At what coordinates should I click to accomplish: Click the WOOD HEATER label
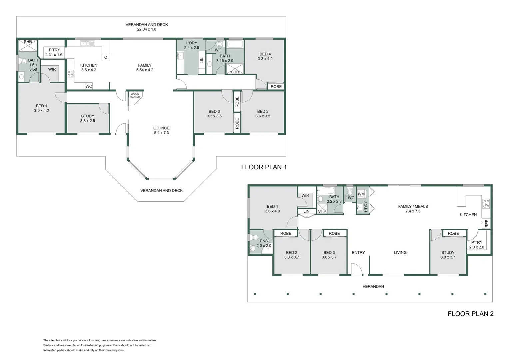tap(135, 95)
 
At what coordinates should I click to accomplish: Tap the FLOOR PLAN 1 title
tap(264, 167)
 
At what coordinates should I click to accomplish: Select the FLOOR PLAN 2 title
tap(470, 314)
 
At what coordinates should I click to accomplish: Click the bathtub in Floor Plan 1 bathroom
tap(235, 44)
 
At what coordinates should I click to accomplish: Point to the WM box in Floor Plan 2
tap(361, 194)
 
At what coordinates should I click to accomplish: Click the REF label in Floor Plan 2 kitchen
tap(486, 224)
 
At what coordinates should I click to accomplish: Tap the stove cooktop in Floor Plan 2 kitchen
tap(486, 203)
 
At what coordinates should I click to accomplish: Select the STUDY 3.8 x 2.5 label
tap(88, 118)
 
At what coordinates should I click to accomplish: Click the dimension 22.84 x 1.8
tap(147, 29)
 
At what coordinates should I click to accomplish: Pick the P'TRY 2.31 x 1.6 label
tap(54, 52)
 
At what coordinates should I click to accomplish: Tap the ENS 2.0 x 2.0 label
tap(264, 243)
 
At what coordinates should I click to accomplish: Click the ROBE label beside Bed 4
tap(276, 87)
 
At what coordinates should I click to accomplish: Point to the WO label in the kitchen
tap(89, 86)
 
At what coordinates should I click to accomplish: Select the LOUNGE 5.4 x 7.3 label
tap(162, 130)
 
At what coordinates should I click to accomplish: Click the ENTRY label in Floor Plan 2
tap(358, 253)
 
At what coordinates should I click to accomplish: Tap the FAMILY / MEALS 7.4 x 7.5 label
tap(413, 209)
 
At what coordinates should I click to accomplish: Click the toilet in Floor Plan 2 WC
tap(350, 192)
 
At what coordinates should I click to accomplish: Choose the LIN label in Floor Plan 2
tap(306, 211)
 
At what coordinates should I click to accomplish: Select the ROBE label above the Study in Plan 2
tap(453, 234)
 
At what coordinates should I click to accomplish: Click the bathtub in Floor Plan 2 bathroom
tap(326, 191)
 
